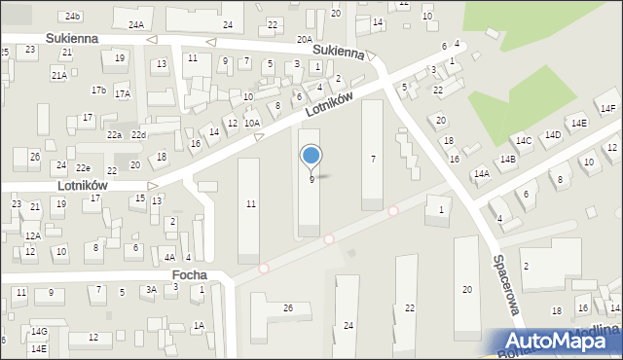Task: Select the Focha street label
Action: [189, 275]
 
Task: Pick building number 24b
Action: [73, 17]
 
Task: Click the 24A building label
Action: [136, 24]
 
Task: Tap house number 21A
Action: [59, 75]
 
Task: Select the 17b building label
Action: [98, 90]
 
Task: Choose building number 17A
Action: [122, 94]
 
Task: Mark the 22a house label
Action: [115, 134]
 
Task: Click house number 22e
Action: [84, 168]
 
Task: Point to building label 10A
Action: [252, 124]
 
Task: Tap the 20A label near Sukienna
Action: [305, 40]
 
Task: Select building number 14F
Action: [608, 108]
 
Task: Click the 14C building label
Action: [524, 141]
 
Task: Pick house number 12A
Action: [32, 235]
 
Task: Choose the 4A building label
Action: [169, 257]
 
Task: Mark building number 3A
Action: [151, 289]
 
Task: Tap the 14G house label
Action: [38, 332]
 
